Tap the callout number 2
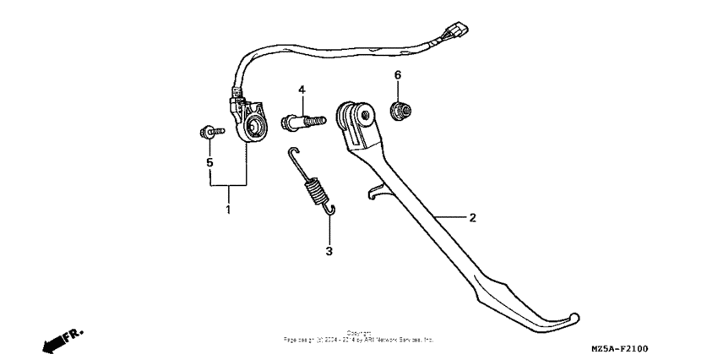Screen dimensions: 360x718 [x=472, y=218]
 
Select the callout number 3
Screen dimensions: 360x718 [x=329, y=251]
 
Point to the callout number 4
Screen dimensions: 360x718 [x=301, y=90]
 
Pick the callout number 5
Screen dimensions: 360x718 [x=209, y=161]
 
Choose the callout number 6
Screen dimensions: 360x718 [x=397, y=76]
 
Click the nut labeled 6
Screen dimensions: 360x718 [x=396, y=109]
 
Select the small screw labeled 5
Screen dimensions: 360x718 [x=210, y=132]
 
